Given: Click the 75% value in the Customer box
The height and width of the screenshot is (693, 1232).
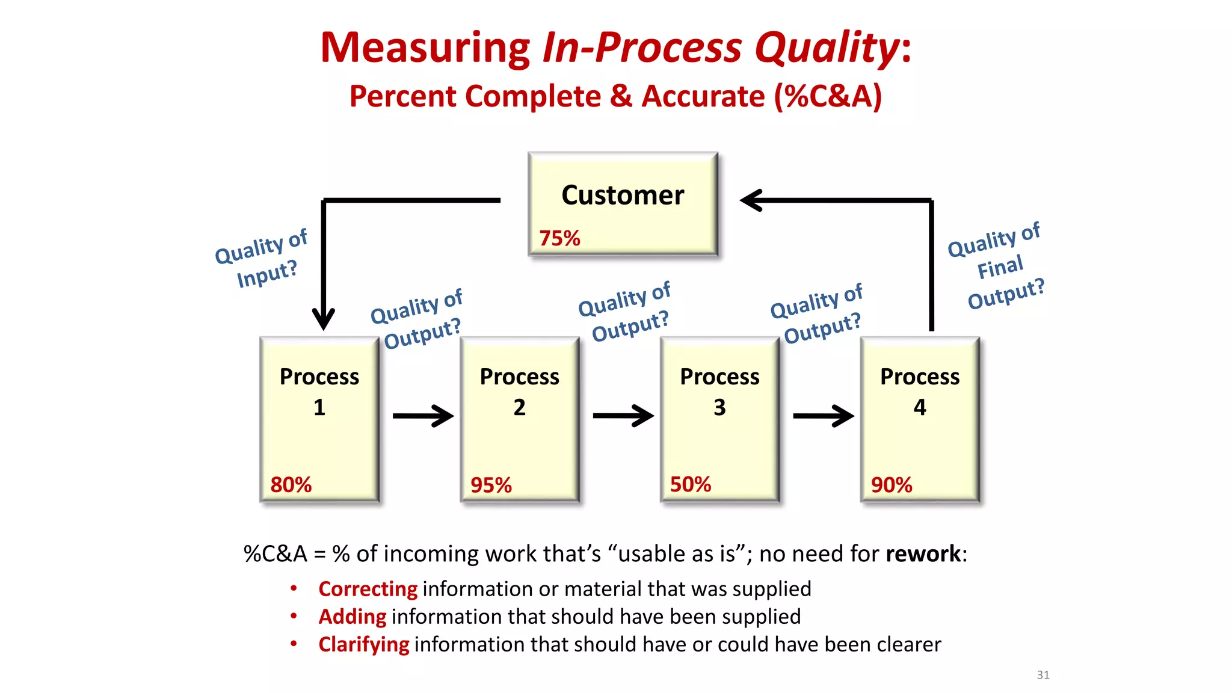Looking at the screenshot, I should [x=559, y=238].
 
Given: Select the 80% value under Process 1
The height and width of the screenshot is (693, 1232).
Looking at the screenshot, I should [x=291, y=484].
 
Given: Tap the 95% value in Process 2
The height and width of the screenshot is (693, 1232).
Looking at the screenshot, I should [x=491, y=485].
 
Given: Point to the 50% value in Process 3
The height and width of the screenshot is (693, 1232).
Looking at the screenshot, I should [x=691, y=484].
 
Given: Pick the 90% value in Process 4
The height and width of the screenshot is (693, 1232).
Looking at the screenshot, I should [x=892, y=485].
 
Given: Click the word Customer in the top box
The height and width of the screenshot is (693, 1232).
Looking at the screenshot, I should [x=623, y=195].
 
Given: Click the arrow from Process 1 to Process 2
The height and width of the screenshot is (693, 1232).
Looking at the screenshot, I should [x=423, y=416].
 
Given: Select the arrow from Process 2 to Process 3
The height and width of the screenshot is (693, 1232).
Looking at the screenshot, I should [x=623, y=416].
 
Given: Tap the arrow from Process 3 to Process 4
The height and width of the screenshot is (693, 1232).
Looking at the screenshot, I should [x=824, y=416].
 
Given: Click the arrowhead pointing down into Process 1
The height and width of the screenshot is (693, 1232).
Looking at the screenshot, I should [x=324, y=318].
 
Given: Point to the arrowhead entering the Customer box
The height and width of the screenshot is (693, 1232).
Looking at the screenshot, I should [x=752, y=200].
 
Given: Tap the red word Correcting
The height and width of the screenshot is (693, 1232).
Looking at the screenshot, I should [x=368, y=589].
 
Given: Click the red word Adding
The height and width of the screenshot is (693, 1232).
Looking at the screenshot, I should [x=352, y=617].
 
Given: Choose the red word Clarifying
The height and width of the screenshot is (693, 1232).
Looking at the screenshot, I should [x=363, y=644].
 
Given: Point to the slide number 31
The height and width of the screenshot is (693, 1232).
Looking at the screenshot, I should [x=1043, y=675].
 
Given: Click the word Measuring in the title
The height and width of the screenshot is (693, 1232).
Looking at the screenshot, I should [x=425, y=48].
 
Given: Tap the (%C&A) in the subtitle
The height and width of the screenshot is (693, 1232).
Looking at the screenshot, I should [x=828, y=96].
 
